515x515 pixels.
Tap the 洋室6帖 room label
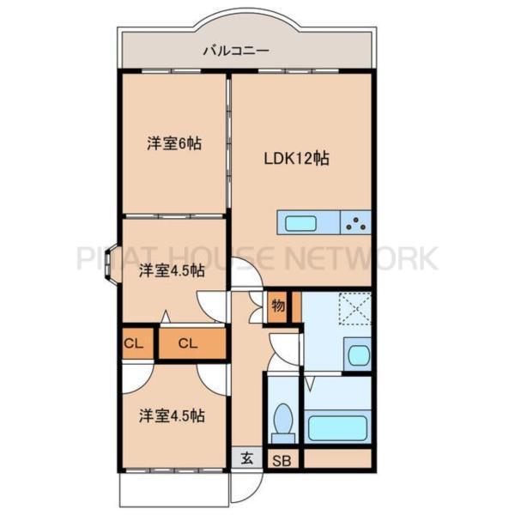173,143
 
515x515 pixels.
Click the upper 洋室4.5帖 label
172,271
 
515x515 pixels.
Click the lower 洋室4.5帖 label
173,416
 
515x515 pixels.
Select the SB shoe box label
282,460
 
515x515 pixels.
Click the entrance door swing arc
245,488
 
